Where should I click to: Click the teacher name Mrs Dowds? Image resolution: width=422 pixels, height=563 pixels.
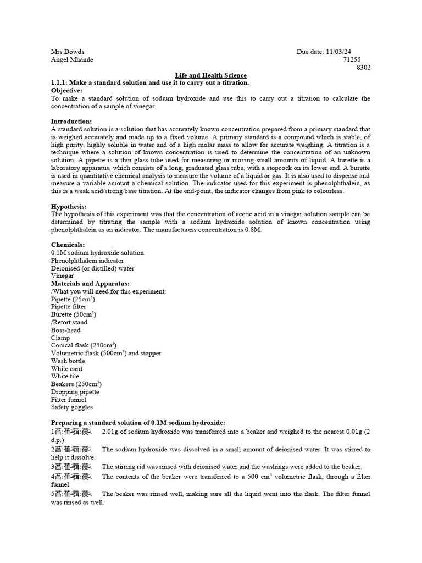coord(68,52)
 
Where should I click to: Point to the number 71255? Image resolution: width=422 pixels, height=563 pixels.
coord(352,59)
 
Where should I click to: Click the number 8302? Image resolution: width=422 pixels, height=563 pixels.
coord(363,67)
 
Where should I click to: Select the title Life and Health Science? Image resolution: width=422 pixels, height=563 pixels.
coord(210,75)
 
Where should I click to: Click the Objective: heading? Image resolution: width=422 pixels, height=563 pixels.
coord(66,90)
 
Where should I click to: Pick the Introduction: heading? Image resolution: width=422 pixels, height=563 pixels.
coord(71,121)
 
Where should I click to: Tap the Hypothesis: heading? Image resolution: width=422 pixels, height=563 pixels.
coord(69,206)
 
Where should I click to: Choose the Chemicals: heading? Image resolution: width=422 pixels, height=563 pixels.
coord(69,245)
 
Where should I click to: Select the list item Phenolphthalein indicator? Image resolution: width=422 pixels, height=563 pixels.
coord(87,261)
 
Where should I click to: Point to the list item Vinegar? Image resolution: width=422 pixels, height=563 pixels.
coord(62,276)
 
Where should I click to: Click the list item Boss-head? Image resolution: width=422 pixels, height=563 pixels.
coord(66,330)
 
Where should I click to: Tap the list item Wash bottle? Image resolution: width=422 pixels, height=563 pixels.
coord(68,361)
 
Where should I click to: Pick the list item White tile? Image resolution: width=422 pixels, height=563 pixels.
coord(66,377)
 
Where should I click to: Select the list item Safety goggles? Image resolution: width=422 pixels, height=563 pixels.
coord(72,407)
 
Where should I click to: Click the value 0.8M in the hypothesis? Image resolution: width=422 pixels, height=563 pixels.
coord(253,229)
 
